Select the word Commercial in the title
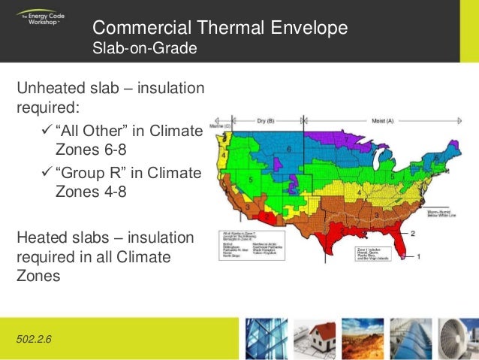pyautogui.click(x=133, y=29)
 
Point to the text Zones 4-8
pyautogui.click(x=89, y=192)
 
